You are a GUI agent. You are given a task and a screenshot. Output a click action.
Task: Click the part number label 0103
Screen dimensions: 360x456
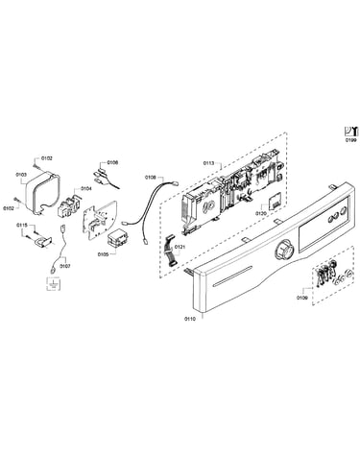click(x=21, y=175)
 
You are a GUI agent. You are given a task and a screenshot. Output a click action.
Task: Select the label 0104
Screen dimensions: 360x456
click(x=85, y=189)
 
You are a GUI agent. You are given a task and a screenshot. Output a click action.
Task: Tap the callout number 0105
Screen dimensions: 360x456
click(x=103, y=254)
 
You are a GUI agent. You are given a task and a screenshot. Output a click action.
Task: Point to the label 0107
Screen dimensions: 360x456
click(x=66, y=266)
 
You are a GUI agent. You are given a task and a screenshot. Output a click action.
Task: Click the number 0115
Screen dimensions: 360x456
click(x=22, y=226)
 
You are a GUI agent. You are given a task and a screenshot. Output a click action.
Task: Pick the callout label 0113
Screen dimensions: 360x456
click(x=208, y=163)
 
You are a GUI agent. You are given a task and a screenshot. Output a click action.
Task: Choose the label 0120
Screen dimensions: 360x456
click(x=261, y=213)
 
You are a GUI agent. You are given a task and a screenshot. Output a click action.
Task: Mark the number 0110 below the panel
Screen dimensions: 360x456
click(x=189, y=319)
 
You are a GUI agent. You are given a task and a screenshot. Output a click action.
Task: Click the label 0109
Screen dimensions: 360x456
click(x=301, y=298)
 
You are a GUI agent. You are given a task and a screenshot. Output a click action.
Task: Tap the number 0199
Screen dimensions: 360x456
click(x=350, y=140)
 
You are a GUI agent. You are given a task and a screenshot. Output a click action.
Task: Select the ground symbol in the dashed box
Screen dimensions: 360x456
click(x=54, y=284)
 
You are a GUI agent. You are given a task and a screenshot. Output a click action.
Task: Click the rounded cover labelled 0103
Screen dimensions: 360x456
click(x=42, y=192)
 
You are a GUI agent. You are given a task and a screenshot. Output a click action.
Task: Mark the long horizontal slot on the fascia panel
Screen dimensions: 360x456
click(x=232, y=278)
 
